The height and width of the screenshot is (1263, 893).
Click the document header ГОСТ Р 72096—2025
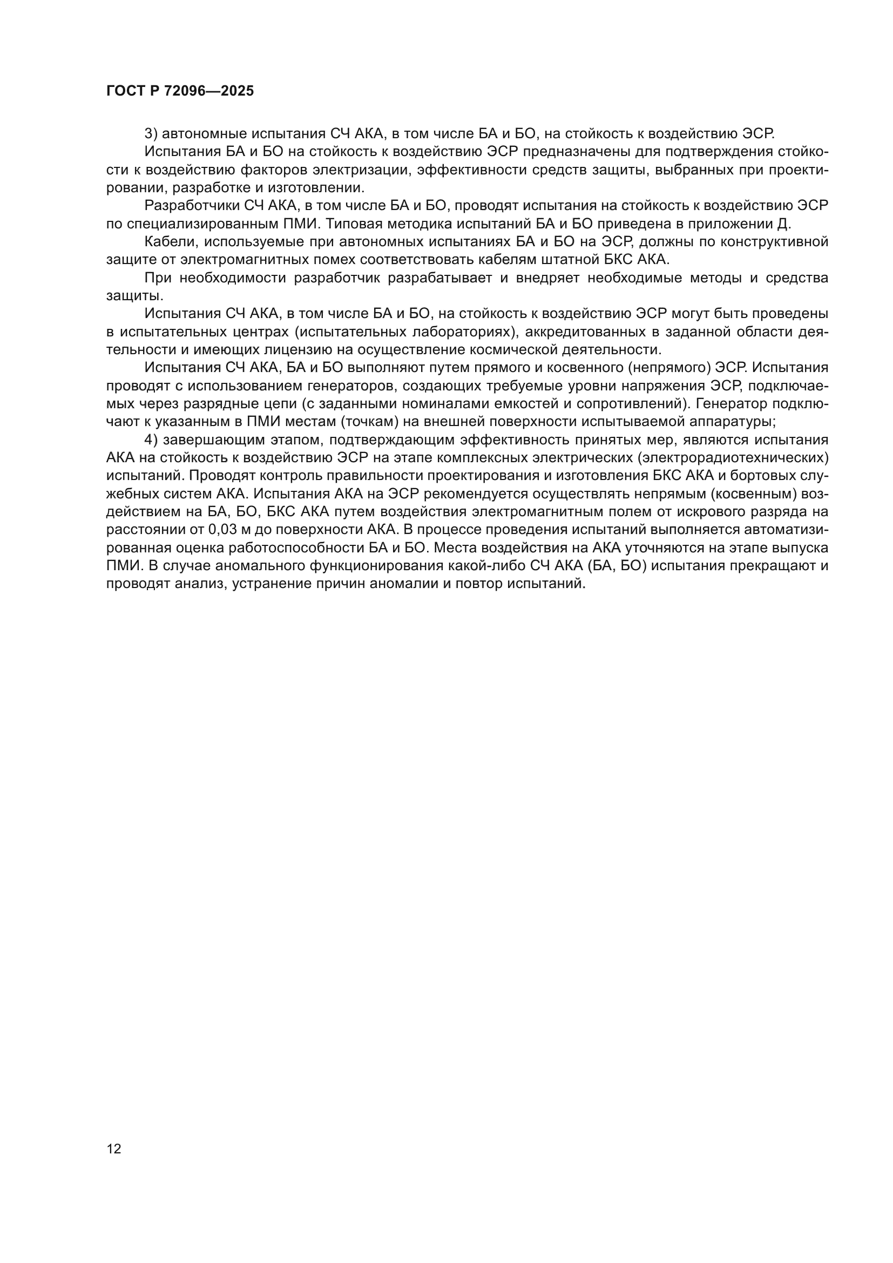(x=180, y=91)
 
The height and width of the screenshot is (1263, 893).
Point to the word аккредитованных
(x=602, y=332)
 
